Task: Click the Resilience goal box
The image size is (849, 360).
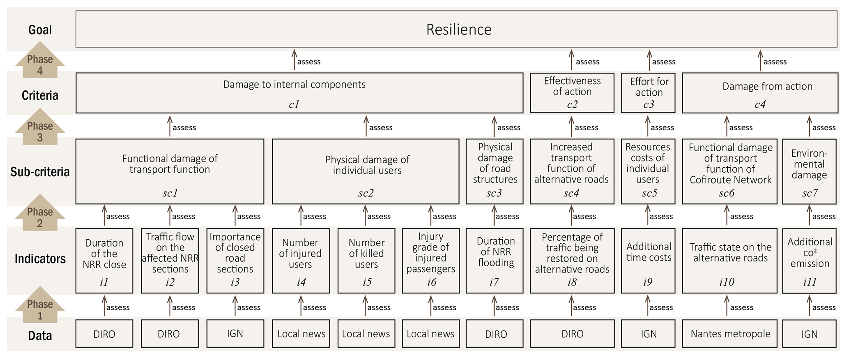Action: [x=456, y=29]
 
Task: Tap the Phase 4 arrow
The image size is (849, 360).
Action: [x=40, y=61]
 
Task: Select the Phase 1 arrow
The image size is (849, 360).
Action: [x=40, y=306]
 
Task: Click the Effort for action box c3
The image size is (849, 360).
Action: [x=648, y=93]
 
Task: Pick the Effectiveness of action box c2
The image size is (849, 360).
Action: [x=572, y=93]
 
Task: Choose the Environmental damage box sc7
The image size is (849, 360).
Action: [x=809, y=171]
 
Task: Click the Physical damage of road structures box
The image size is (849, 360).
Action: [x=494, y=171]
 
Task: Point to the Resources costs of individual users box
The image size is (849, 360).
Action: [x=648, y=171]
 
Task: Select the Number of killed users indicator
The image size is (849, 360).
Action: [x=366, y=261]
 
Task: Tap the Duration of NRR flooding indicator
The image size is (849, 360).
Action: [x=494, y=261]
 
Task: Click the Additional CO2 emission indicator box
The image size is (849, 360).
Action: [x=809, y=261]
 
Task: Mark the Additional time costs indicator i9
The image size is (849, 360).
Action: [x=648, y=261]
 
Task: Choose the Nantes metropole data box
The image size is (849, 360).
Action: [x=730, y=334]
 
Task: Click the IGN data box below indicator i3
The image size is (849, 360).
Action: [x=235, y=334]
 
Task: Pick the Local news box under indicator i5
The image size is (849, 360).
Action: [x=366, y=334]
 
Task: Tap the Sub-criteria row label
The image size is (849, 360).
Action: [x=40, y=172]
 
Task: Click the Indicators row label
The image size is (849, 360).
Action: [x=40, y=259]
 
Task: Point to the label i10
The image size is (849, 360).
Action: [x=727, y=282]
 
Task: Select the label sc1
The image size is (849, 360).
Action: [x=170, y=193]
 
